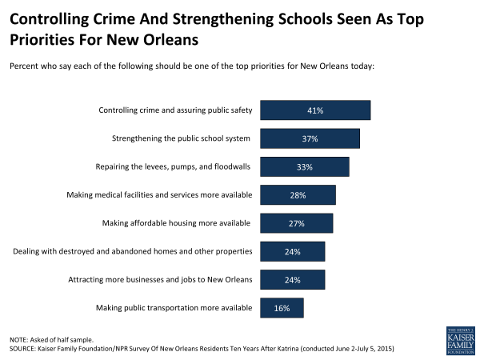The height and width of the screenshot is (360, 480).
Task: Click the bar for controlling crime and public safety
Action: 315,110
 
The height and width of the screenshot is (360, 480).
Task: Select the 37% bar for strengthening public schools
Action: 310,138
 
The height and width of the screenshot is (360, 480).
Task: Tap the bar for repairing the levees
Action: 305,166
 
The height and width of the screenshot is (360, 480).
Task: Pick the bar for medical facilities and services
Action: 298,195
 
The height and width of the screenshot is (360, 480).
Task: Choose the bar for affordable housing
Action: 296,223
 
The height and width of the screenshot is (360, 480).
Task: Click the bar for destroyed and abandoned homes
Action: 292,251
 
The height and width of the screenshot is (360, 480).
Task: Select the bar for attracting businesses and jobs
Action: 292,279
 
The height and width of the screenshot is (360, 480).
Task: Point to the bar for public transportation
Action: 282,308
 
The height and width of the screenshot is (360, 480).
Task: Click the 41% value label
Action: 314,110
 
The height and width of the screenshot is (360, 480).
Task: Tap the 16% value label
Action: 282,308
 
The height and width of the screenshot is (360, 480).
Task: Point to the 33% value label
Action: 304,167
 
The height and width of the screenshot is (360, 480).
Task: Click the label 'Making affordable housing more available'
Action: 178,223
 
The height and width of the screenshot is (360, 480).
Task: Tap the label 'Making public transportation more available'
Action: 174,308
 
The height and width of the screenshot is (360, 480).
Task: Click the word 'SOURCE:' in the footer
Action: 26,350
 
